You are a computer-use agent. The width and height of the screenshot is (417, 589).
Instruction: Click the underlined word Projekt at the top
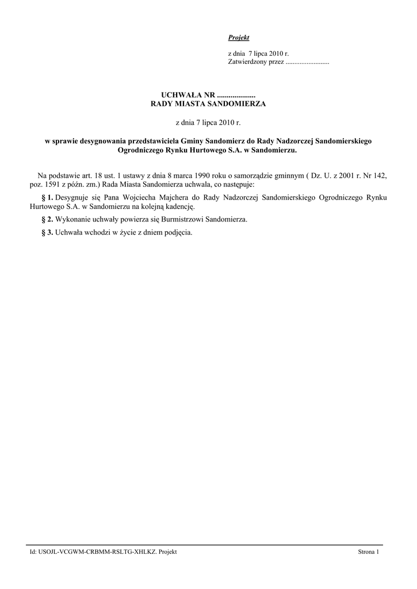click(x=239, y=37)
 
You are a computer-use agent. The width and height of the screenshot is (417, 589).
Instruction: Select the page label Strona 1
click(x=369, y=552)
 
